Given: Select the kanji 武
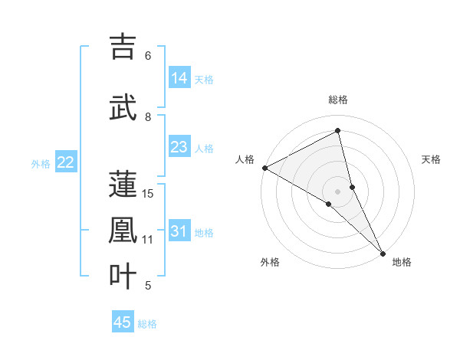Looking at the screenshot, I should [123, 107].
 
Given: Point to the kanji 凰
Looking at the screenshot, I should [123, 231].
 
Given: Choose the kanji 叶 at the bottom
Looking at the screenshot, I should [123, 276].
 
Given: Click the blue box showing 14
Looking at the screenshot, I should [179, 78].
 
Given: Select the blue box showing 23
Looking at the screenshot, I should [179, 147].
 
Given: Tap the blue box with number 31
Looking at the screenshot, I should [179, 231].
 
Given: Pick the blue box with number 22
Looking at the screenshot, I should [66, 162].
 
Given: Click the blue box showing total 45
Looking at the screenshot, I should [123, 322].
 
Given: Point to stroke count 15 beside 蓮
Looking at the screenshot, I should [148, 194].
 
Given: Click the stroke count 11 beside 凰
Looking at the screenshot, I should [148, 240].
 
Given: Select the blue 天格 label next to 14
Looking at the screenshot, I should [204, 79].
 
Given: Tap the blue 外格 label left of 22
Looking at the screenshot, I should [41, 163].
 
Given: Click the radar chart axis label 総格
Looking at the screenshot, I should [338, 100].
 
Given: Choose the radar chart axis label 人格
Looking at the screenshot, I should [245, 159].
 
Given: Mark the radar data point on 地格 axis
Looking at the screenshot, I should [383, 252].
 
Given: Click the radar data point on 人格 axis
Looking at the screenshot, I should [264, 168].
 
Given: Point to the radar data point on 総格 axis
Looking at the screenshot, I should [338, 130].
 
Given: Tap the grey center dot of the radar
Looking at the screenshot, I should [338, 191].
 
